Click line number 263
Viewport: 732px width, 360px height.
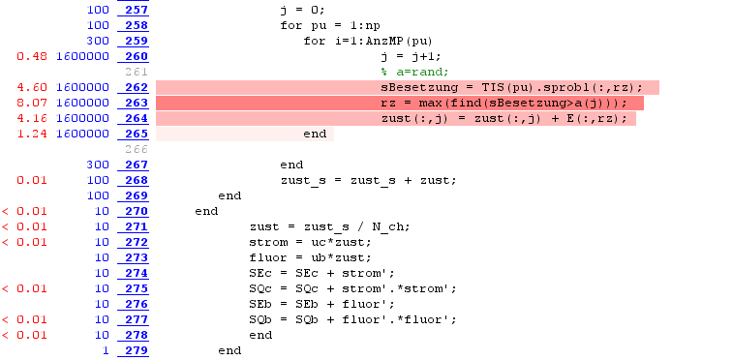pos(137,103)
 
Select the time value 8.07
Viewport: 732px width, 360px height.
pos(32,103)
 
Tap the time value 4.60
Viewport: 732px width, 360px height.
pos(32,87)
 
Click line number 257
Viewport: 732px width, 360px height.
pos(137,10)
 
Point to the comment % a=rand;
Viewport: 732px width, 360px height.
pos(414,72)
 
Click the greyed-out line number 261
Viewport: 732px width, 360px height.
pos(137,72)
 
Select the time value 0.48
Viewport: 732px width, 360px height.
pos(32,56)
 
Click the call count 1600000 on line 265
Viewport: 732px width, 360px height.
pos(82,134)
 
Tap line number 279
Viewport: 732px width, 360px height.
pos(137,350)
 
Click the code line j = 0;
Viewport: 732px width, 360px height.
pos(302,10)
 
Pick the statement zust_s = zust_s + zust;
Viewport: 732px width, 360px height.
pos(368,180)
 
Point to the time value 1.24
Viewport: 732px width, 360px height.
pos(32,134)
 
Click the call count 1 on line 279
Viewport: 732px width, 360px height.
pos(106,350)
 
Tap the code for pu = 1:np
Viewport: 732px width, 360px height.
pos(330,26)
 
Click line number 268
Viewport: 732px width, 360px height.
pos(137,180)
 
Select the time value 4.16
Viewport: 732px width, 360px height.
pos(32,118)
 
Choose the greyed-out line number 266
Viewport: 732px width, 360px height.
pos(137,149)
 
